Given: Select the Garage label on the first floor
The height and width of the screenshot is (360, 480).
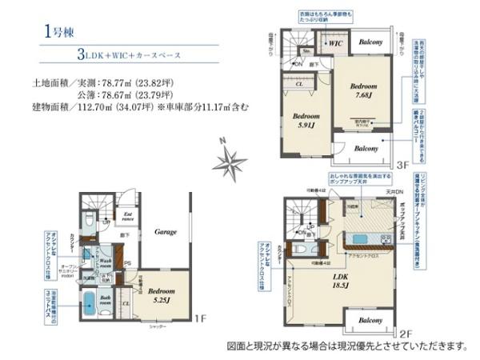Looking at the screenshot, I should click(x=166, y=231).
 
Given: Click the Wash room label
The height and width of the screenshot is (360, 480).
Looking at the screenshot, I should click(x=105, y=263).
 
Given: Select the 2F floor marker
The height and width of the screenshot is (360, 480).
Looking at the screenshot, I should click(x=405, y=333).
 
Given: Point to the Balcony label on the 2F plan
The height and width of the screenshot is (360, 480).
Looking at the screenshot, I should click(x=370, y=320).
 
